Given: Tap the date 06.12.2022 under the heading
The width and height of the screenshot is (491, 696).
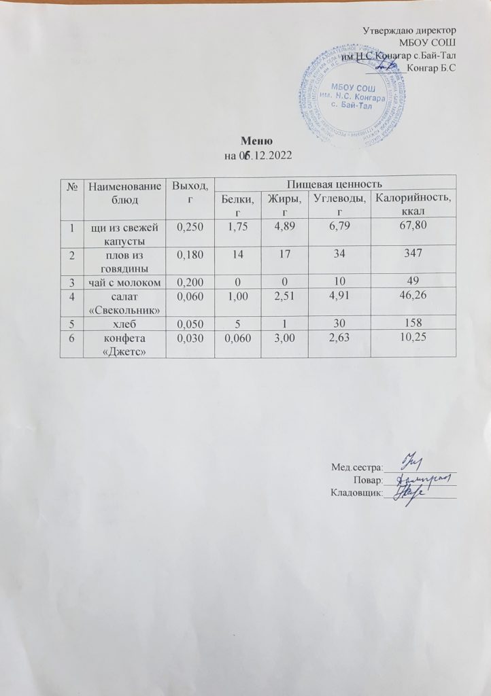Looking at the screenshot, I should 257,156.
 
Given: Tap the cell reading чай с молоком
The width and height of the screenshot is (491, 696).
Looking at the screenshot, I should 124,281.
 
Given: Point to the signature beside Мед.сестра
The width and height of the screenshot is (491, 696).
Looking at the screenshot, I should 411,462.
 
